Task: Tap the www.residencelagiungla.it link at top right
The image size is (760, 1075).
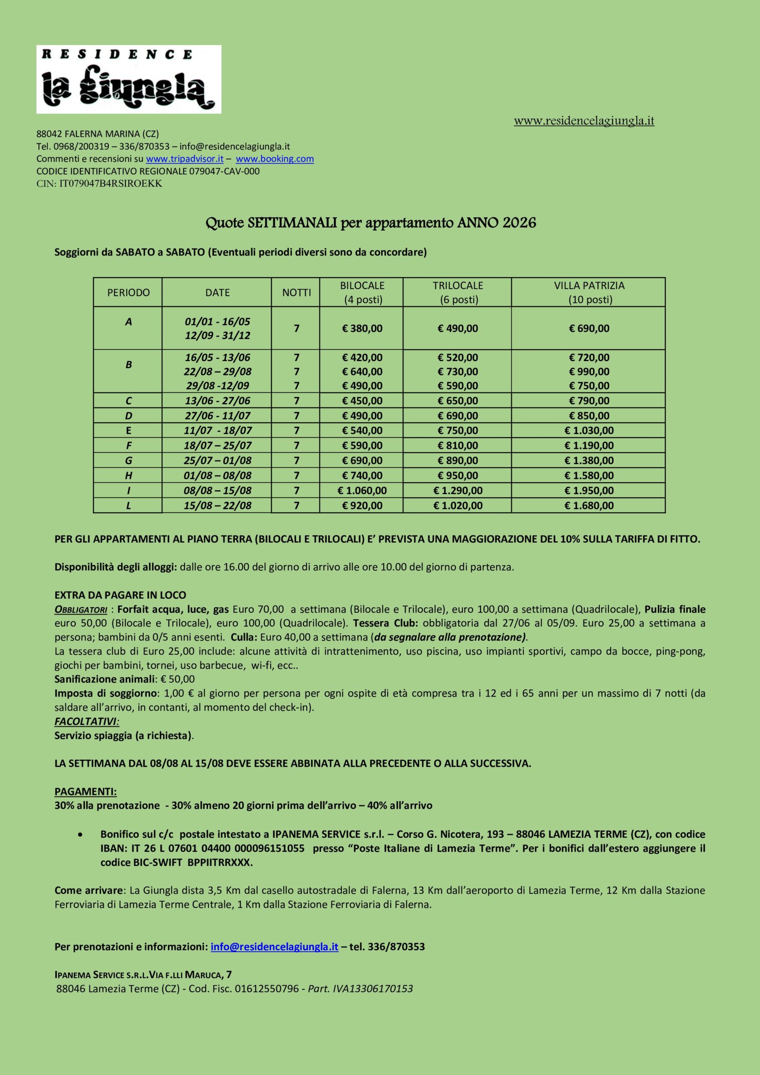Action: click(584, 121)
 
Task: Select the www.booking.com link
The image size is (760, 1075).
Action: click(275, 159)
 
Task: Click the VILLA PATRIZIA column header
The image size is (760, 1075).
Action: click(589, 292)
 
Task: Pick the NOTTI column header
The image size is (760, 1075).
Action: click(296, 293)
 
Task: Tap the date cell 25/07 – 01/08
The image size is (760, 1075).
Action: click(218, 461)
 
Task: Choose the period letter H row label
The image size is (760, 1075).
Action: click(128, 476)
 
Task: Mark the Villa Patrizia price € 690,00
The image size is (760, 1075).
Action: click(589, 328)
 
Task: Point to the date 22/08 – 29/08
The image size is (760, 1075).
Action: click(218, 372)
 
